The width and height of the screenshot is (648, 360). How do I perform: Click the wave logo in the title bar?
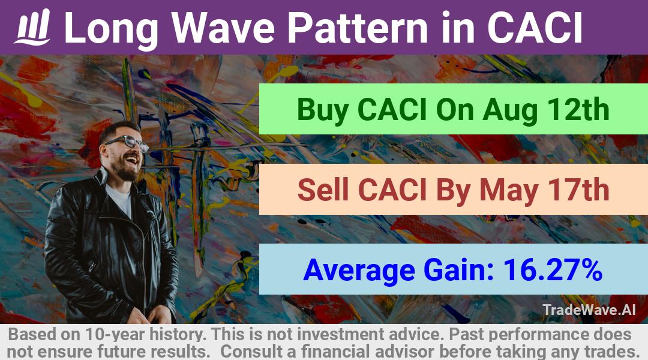32,27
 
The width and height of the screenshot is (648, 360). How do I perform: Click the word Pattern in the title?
357,28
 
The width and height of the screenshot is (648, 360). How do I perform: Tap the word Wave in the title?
223,28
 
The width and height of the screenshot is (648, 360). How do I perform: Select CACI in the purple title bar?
535,28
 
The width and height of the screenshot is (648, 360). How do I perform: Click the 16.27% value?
552,270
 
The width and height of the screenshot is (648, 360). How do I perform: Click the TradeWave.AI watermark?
589,310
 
